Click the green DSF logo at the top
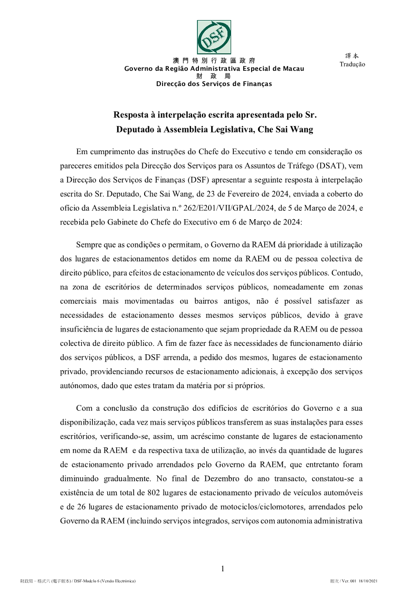214,37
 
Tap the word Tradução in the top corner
352,64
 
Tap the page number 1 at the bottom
223,569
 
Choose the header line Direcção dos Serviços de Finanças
214,84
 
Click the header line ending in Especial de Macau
214,69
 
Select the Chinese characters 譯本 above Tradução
351,55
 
